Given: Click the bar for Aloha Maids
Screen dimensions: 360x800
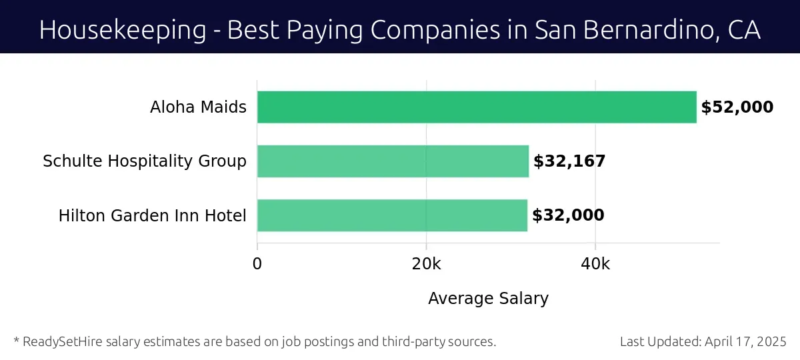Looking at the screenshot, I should click(477, 107).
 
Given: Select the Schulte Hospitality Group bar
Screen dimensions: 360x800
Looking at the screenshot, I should click(393, 161).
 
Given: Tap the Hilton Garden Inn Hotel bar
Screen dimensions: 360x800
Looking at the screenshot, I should click(392, 215).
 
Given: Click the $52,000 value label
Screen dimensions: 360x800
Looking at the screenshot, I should click(737, 107).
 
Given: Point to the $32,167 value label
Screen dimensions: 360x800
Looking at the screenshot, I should click(569, 161).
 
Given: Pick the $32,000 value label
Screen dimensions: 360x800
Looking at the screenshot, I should click(568, 215).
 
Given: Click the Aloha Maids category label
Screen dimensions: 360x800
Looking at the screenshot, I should click(198, 107).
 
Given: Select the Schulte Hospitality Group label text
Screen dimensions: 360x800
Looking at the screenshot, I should click(145, 161).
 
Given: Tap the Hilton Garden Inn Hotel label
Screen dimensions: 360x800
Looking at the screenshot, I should click(152, 216).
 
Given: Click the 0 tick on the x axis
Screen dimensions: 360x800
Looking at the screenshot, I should click(257, 264).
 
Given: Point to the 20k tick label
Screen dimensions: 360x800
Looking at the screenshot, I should click(426, 264).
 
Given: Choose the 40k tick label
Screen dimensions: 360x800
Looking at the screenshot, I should click(595, 264).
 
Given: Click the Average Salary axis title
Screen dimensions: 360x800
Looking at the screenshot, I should click(488, 299).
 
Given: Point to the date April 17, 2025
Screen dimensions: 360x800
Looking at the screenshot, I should click(747, 342).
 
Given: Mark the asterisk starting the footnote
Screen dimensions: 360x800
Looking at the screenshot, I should click(16, 341).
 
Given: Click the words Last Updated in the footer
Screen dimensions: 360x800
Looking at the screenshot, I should click(660, 342).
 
